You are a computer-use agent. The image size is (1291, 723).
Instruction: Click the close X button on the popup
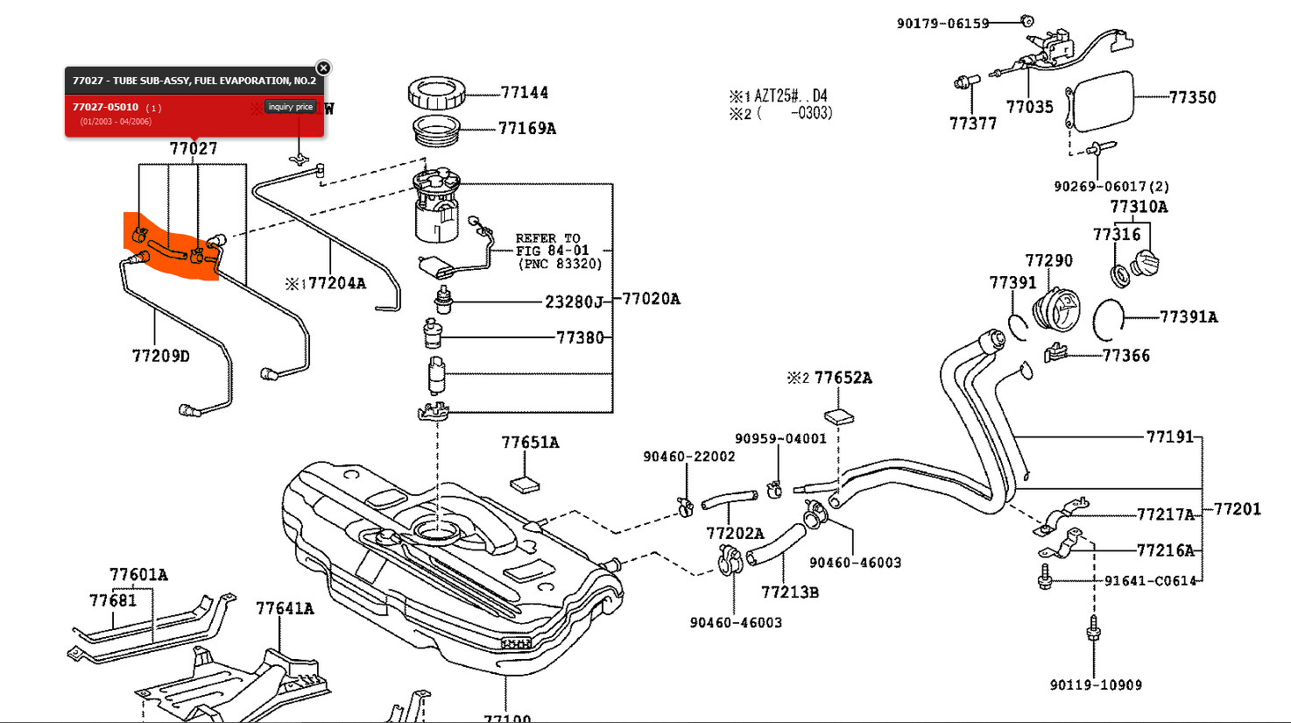coord(323,68)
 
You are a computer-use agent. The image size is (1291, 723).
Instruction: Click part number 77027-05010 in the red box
coord(105,107)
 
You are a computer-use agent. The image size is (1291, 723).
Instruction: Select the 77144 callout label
coord(524,93)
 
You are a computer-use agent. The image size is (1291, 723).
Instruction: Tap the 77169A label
coord(526,129)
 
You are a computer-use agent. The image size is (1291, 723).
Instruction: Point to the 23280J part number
coord(574,302)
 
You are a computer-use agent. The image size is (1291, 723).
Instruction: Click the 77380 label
coord(580,337)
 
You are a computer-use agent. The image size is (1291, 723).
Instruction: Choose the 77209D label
coord(160,356)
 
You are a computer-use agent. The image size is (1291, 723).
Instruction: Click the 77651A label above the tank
coord(530,443)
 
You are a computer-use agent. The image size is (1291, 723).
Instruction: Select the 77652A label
coord(843,378)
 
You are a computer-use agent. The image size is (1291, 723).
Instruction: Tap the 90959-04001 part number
coord(780,439)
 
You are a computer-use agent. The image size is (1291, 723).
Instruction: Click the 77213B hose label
coord(789,592)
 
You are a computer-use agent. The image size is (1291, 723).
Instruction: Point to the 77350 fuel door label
coord(1192,97)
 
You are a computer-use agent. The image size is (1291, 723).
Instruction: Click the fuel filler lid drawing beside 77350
coord(1101,101)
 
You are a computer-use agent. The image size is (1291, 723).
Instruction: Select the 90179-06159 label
coord(942,24)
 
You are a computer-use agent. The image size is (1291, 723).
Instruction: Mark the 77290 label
coord(1048,260)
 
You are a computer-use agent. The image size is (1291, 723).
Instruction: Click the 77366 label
coord(1125,356)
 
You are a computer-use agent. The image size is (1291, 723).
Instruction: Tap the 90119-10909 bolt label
coord(1096,685)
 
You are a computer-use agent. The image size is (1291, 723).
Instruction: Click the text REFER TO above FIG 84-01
coord(547,238)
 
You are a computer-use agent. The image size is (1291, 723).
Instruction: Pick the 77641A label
coord(285,608)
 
